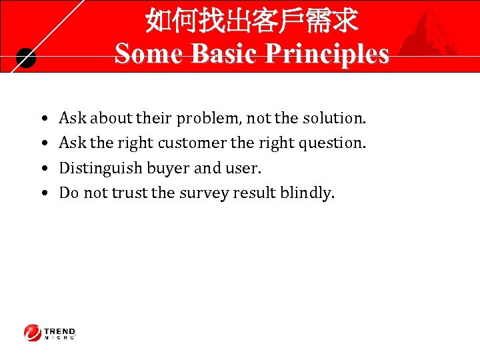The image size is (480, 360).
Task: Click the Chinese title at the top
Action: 251,21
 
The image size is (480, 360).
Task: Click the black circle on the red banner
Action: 25,59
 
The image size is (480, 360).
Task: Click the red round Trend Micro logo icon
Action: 33,333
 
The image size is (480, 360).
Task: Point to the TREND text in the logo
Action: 60,331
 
